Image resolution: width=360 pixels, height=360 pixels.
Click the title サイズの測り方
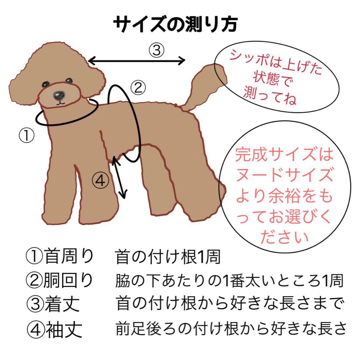[175, 24]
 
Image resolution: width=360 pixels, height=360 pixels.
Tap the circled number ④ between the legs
[100, 181]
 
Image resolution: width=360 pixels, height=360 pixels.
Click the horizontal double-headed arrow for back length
[137, 61]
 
